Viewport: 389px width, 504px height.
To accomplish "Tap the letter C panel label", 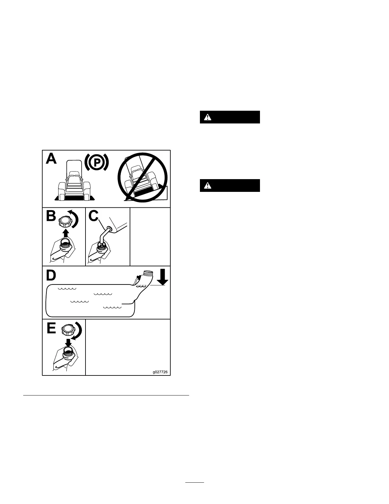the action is coord(93,216).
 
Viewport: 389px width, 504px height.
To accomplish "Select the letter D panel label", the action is coord(51,276).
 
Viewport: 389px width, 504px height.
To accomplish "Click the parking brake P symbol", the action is coord(97,162).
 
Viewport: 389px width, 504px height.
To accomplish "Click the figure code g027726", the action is coord(160,372).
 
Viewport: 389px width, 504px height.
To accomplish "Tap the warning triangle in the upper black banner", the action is coord(208,117).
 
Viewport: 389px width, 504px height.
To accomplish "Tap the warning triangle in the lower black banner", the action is coord(208,185).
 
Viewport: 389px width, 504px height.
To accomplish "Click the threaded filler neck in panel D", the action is coord(148,273).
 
